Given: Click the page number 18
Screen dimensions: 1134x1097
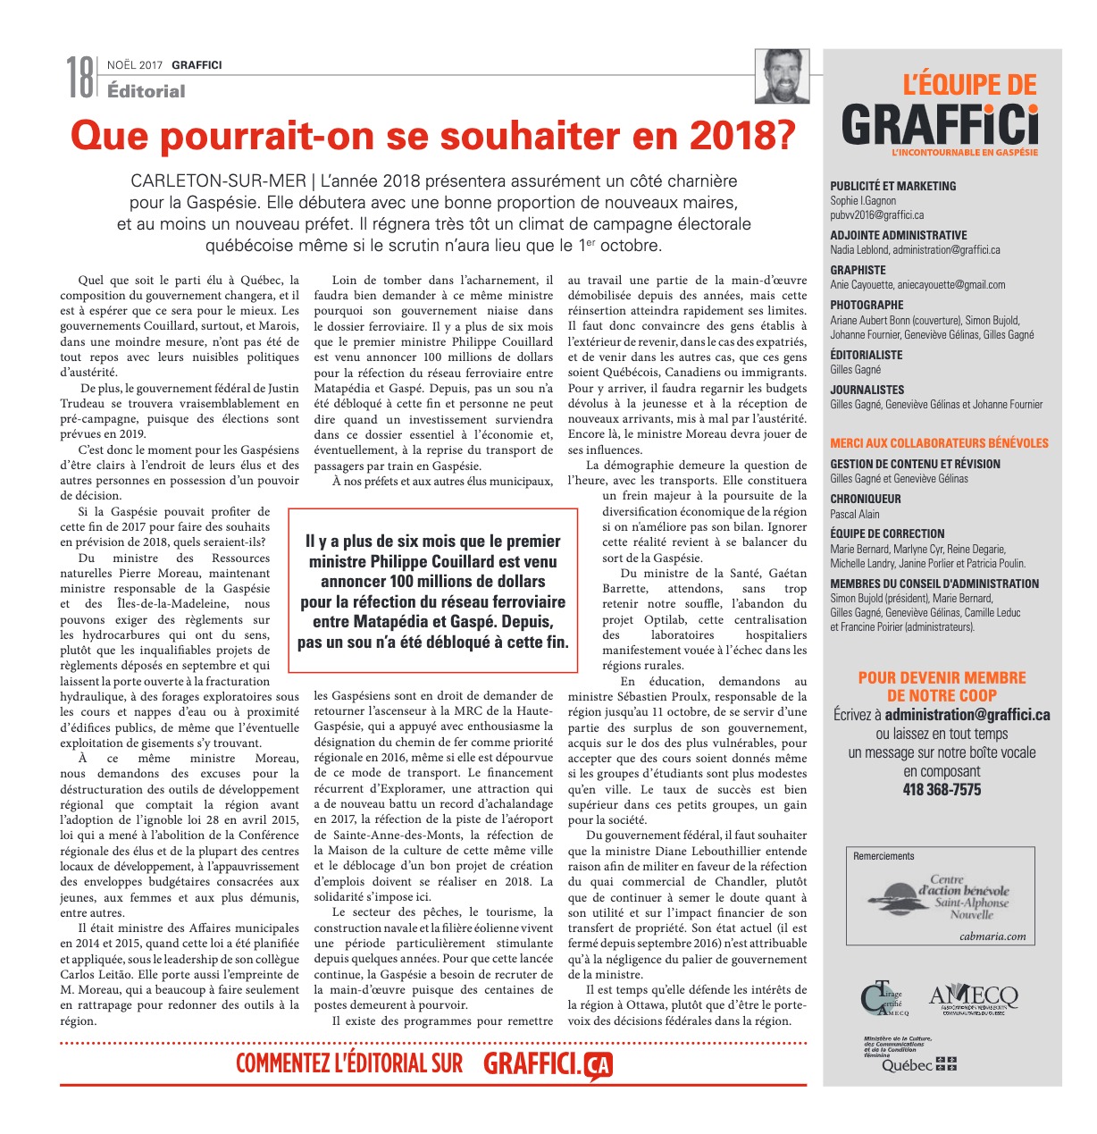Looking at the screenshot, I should point(80,77).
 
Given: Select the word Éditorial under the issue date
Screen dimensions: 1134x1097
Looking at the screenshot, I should point(146,90).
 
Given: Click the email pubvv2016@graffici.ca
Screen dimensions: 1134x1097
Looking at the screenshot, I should point(877,215).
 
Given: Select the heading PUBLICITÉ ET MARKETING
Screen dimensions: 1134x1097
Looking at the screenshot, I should point(893,186).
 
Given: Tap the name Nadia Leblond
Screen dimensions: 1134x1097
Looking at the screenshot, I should point(859,250).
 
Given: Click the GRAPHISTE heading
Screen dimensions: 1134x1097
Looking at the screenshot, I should point(858,270).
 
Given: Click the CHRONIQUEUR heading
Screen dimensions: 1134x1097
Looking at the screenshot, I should point(866,499).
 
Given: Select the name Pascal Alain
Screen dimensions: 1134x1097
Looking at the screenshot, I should point(855,514).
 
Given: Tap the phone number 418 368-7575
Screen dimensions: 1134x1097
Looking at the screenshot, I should point(942,790).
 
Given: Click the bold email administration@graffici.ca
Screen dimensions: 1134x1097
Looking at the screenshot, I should point(967,715).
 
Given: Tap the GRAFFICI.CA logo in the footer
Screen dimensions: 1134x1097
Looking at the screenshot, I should point(548,1063).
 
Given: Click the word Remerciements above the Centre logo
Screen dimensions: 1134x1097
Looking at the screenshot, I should point(884,856).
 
